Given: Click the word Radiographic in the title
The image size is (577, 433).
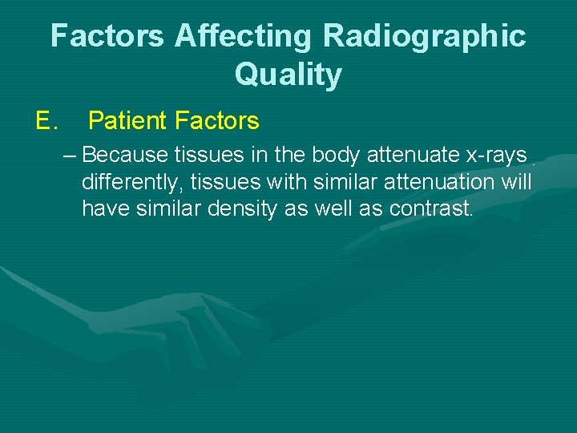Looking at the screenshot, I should click(424, 36).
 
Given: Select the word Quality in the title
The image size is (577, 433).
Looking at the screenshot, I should click(288, 75).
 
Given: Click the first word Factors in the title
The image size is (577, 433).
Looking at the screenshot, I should click(109, 36).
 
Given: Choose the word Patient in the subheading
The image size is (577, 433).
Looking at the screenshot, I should click(127, 121).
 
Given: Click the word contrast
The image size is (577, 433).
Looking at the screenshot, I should click(433, 209).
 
